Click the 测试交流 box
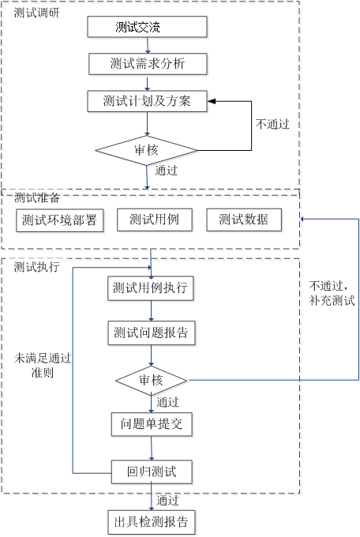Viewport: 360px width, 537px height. (x=148, y=27)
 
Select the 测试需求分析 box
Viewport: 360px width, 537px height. (x=148, y=64)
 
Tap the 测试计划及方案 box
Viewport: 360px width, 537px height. (x=148, y=101)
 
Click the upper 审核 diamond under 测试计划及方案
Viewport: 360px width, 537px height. (x=147, y=150)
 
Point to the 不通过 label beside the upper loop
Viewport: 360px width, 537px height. (x=272, y=124)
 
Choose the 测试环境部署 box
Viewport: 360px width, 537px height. (x=59, y=220)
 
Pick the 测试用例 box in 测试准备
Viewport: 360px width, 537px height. (x=155, y=220)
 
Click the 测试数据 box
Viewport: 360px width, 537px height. (x=244, y=220)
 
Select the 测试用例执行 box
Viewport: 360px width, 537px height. (x=151, y=288)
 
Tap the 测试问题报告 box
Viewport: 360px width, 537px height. (x=152, y=333)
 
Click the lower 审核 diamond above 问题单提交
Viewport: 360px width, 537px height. (x=151, y=380)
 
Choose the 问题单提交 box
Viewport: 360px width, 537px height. (x=152, y=424)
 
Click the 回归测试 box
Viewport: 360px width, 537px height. (x=152, y=472)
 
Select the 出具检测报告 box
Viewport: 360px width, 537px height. (x=152, y=522)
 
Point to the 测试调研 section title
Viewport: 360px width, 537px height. (x=36, y=13)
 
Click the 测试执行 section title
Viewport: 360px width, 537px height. (x=36, y=267)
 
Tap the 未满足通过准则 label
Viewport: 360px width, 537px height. (x=43, y=366)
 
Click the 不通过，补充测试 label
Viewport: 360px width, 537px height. (x=332, y=293)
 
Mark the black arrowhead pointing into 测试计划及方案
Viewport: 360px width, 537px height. (x=212, y=101)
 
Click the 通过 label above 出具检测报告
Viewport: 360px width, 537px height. (x=168, y=501)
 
